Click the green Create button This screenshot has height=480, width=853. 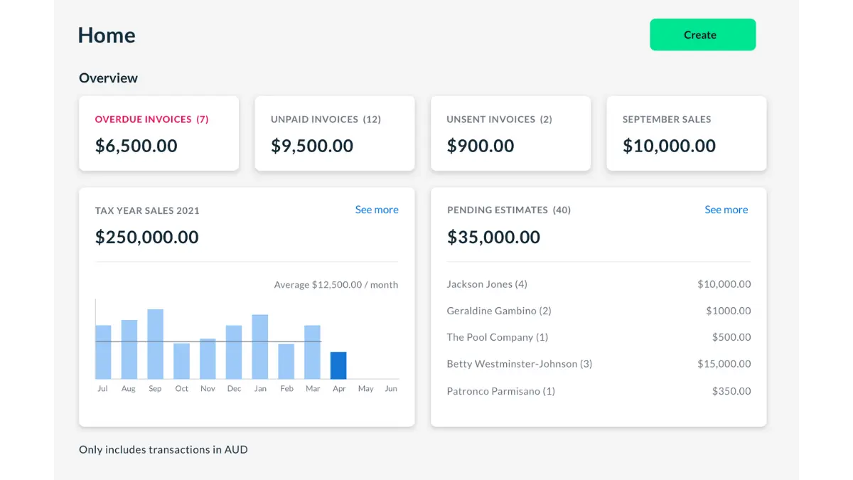pos(702,35)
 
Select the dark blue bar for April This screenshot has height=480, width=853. pos(338,366)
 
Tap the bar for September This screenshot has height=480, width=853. pos(155,344)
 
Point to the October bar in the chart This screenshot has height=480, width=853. pos(181,361)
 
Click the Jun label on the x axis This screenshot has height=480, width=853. pos(391,389)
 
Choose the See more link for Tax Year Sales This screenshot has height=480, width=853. pos(377,210)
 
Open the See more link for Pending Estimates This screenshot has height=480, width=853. pos(726,210)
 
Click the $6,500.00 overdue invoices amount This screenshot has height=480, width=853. pos(136,146)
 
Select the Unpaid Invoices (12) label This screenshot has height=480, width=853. pos(326,119)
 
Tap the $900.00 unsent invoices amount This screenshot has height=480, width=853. pos(481,146)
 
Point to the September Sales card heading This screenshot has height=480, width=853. pos(667,119)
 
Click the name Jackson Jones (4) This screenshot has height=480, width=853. pos(487,284)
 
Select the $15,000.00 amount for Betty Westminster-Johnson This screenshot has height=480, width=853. pos(724,364)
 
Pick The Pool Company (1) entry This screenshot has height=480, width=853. pos(497,337)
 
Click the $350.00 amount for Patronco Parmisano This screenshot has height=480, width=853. pos(731,391)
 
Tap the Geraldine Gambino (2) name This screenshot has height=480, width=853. pos(499,311)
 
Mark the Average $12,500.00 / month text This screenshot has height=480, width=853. pos(336,285)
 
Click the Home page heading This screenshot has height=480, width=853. pos(107,36)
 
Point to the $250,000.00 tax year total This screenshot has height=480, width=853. pos(147,237)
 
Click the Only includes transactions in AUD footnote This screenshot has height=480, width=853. pos(163,449)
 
